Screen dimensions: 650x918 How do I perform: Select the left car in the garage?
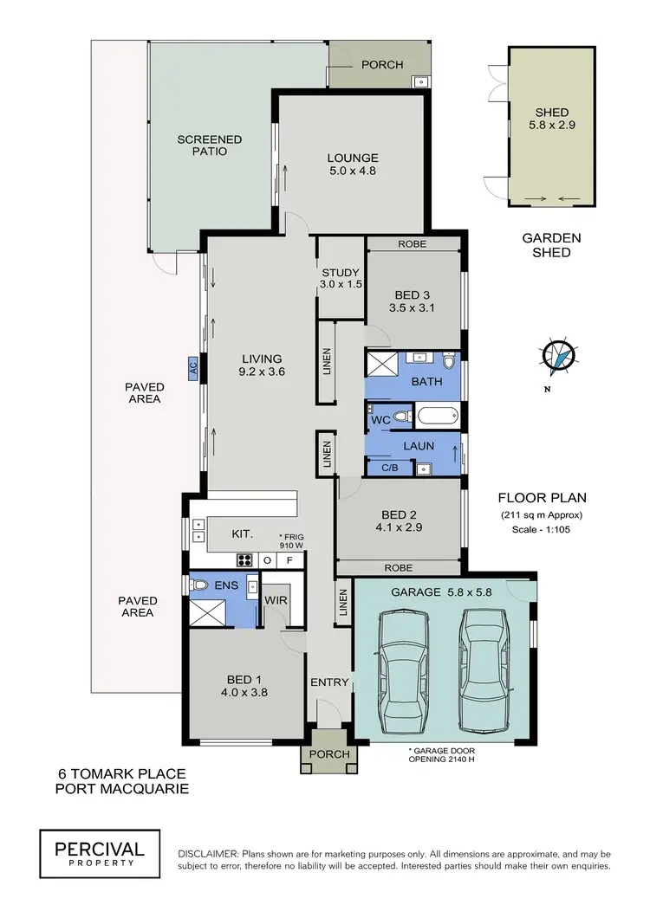[403, 670]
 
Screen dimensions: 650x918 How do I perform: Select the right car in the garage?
[484, 669]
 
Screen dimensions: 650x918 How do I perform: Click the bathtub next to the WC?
[438, 417]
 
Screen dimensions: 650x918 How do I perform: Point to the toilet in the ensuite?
[199, 585]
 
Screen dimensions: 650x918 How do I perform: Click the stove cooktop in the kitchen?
[244, 559]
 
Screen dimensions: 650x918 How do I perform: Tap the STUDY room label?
[341, 272]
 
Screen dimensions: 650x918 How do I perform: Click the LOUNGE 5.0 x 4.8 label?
[353, 165]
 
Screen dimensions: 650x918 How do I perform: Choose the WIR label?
[276, 601]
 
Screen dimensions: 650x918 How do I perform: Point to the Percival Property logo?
[100, 854]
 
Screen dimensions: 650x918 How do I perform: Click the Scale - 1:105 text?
[541, 529]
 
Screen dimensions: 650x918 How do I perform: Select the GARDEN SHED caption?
[551, 245]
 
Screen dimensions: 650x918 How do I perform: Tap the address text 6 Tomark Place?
[122, 774]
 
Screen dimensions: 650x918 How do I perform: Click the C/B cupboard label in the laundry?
[390, 468]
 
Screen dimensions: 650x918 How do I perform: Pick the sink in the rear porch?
[421, 81]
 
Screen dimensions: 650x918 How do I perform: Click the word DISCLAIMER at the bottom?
[208, 854]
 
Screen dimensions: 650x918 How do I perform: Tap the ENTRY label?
[329, 682]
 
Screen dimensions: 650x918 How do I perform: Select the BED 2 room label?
[399, 514]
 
